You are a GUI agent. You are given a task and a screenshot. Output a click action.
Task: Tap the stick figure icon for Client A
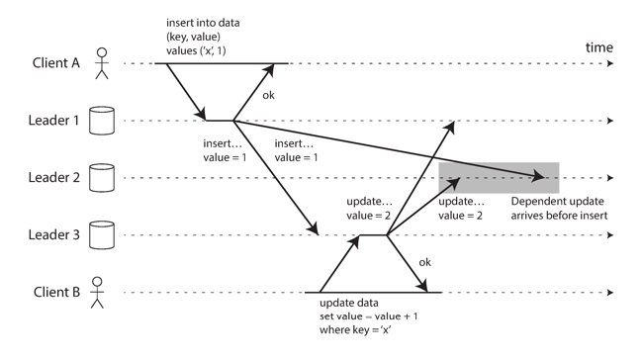pos(99,64)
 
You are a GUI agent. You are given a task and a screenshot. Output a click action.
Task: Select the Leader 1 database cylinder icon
pos(99,121)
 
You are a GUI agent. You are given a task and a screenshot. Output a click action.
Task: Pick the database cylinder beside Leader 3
pos(99,235)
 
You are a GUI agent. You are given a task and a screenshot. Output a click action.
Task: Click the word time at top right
pos(598,47)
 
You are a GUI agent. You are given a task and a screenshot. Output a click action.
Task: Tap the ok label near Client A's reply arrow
pos(268,96)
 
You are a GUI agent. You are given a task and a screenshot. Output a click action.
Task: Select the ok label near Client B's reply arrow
pos(426,262)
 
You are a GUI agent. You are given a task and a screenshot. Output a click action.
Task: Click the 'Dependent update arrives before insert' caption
pos(558,208)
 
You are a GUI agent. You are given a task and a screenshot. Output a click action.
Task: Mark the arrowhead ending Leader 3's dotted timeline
pos(609,235)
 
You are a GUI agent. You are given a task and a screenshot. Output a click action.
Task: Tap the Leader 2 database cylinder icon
pos(99,178)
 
